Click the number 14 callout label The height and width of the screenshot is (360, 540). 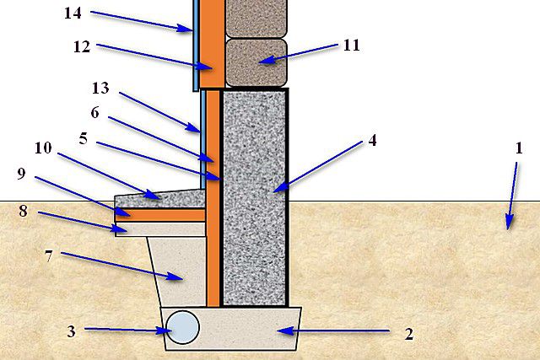(x=73, y=13)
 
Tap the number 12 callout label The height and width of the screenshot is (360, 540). (x=82, y=47)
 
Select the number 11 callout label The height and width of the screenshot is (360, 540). (x=352, y=45)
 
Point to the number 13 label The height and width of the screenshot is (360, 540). (x=100, y=89)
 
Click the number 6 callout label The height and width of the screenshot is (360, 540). (x=95, y=112)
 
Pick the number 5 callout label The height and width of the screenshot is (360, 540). (x=84, y=139)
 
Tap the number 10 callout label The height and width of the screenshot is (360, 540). (x=43, y=148)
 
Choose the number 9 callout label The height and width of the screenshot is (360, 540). (x=21, y=174)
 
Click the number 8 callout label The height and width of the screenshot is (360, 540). (x=23, y=211)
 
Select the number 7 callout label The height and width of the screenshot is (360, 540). (x=49, y=256)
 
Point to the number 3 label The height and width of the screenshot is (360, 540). (x=71, y=331)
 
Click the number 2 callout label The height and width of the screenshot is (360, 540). (x=408, y=334)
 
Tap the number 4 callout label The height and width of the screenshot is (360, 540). (x=372, y=141)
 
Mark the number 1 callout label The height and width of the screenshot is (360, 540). (x=519, y=148)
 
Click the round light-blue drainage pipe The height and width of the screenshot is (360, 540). (x=182, y=327)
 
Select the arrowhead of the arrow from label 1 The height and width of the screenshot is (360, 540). (x=509, y=222)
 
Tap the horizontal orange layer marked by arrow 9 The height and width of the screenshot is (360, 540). (x=160, y=215)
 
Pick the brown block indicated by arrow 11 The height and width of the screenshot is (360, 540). (x=256, y=62)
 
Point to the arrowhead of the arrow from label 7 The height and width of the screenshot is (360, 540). (x=175, y=276)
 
